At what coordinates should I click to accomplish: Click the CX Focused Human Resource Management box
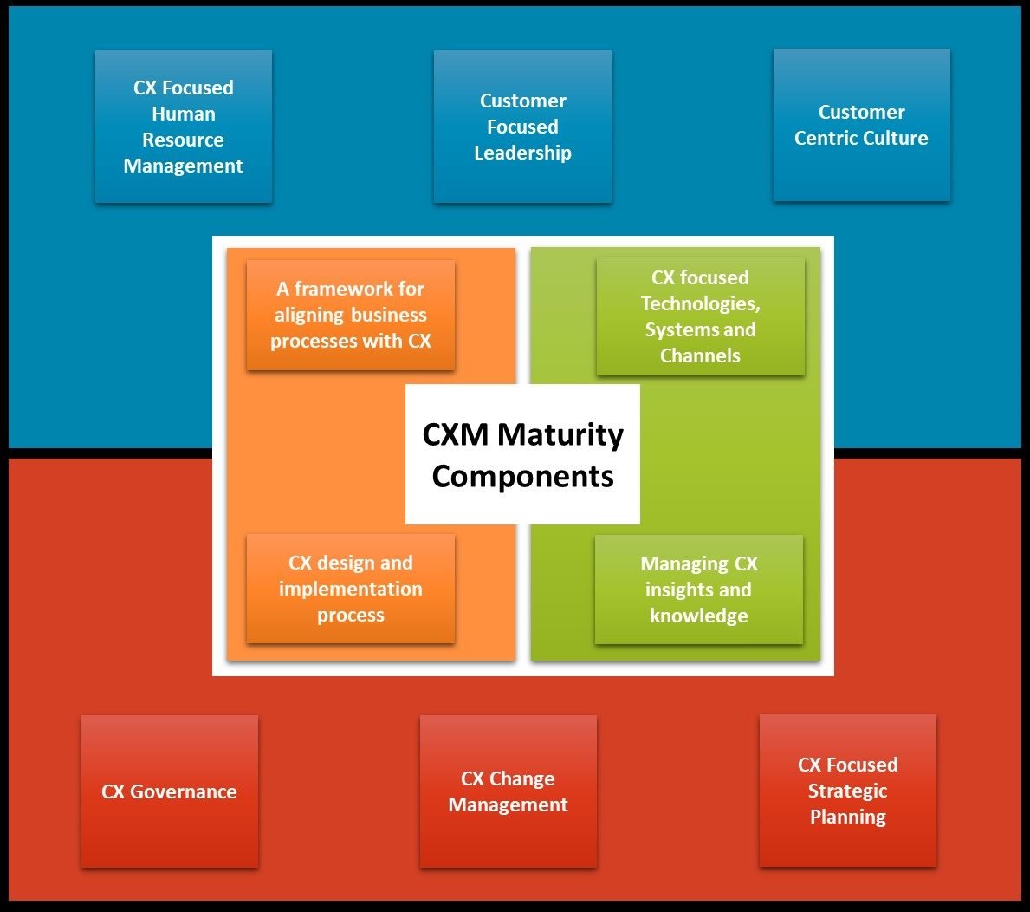[x=184, y=127]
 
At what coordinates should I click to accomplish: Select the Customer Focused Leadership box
[x=522, y=127]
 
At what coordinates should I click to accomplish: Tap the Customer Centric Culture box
[x=861, y=125]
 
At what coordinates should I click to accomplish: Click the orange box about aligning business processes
[x=351, y=315]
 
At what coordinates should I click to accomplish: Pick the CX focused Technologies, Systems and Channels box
[x=700, y=316]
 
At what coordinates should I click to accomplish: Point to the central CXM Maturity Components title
[x=522, y=454]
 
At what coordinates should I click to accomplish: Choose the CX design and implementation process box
[x=351, y=589]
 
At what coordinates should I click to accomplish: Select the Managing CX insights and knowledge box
[x=698, y=590]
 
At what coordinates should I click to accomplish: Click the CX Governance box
[x=170, y=791]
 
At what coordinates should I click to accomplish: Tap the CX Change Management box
[x=509, y=791]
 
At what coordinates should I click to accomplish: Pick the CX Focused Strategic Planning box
[x=848, y=791]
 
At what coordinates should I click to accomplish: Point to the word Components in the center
[x=522, y=476]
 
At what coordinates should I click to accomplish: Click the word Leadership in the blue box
[x=522, y=153]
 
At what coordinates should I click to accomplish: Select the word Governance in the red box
[x=183, y=791]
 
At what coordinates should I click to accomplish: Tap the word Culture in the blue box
[x=897, y=138]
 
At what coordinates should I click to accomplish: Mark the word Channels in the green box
[x=700, y=355]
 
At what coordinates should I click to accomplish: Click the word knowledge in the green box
[x=698, y=616]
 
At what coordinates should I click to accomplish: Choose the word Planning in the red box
[x=848, y=817]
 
